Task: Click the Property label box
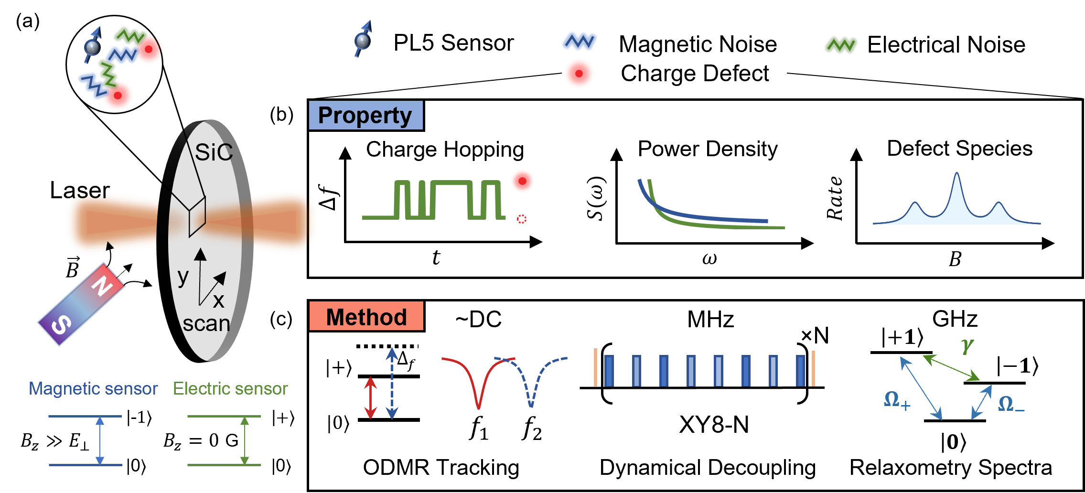tap(365, 115)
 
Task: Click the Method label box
tap(366, 316)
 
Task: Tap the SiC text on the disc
tap(213, 152)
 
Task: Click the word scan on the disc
tap(206, 324)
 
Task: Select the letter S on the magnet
tap(61, 325)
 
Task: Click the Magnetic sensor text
tap(93, 388)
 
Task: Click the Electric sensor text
tap(230, 388)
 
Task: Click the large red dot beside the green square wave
tap(522, 181)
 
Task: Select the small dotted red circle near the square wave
tap(522, 219)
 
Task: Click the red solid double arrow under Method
tap(371, 397)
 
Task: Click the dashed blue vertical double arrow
tap(392, 383)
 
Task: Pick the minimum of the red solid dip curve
tap(479, 407)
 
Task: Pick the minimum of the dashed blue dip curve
tap(531, 406)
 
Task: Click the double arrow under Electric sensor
tap(245, 440)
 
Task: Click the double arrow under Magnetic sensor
tap(100, 440)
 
